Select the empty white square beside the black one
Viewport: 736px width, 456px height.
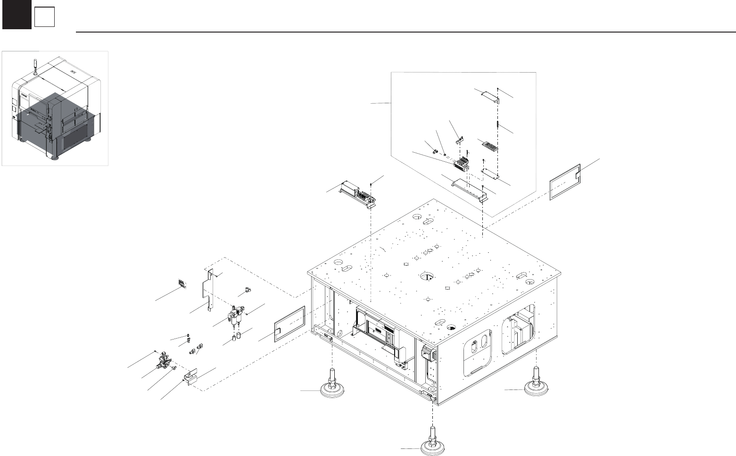click(45, 18)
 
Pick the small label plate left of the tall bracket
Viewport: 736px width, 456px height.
click(182, 283)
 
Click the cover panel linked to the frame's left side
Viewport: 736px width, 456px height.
click(290, 323)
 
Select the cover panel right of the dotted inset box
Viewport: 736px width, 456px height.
click(565, 182)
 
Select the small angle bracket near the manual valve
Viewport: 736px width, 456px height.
click(191, 377)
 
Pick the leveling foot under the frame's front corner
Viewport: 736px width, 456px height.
click(432, 444)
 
